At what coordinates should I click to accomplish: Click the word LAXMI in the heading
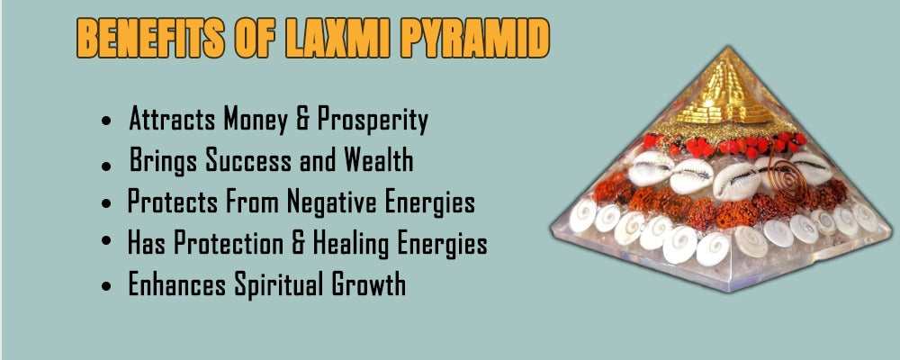tap(337, 39)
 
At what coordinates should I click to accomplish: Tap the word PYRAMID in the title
tap(475, 39)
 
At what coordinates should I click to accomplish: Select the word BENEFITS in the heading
tap(150, 39)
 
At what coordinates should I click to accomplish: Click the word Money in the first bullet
tap(258, 120)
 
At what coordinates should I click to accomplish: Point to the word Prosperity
tap(373, 121)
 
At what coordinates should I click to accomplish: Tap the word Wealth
tap(379, 159)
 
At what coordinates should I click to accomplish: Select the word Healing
tap(355, 243)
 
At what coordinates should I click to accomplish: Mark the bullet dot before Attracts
tap(105, 122)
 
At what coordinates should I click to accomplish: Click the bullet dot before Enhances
tap(105, 286)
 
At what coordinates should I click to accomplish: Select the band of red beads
tap(724, 145)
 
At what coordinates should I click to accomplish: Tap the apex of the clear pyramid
tap(728, 47)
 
